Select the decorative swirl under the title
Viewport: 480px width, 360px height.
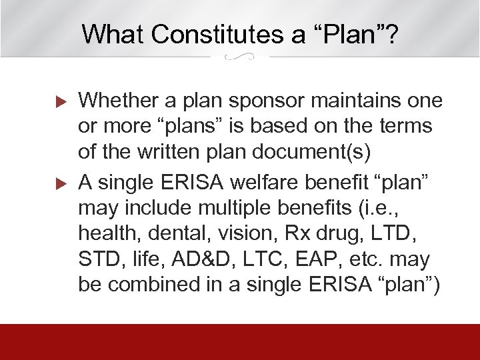click(240, 57)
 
